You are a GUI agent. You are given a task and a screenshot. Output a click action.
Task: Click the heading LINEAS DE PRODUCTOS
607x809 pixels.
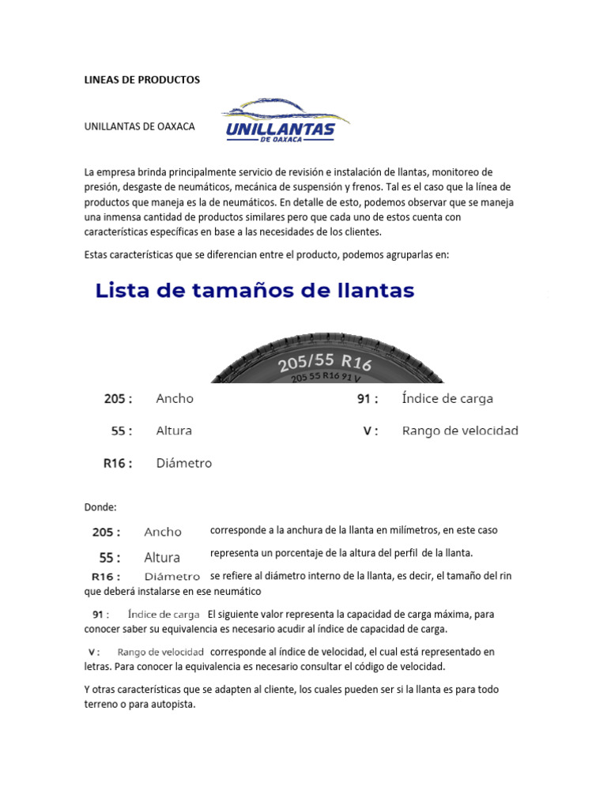click(142, 80)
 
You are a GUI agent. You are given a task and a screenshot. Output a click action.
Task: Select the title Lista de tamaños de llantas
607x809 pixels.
click(254, 291)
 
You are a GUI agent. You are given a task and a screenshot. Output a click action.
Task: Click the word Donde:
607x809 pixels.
click(100, 506)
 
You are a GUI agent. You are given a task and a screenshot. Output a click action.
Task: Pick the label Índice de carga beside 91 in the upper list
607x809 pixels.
click(447, 399)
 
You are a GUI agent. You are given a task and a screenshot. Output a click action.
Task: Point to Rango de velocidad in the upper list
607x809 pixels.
click(460, 431)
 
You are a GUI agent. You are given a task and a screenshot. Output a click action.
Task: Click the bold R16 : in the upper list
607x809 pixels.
click(118, 463)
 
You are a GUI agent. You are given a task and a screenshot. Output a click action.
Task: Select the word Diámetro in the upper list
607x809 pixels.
click(184, 463)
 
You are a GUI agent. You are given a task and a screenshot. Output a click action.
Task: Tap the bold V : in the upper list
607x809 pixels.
click(370, 431)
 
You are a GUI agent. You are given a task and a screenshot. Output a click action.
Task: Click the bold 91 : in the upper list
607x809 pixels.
click(368, 399)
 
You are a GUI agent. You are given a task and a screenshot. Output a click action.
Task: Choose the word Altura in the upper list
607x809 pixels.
click(174, 431)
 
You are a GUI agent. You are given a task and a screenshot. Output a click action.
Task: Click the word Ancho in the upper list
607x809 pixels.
click(175, 399)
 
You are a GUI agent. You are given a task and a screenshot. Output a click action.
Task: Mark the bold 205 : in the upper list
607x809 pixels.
click(119, 399)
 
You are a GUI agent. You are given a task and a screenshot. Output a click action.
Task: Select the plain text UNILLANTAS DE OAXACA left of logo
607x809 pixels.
click(140, 126)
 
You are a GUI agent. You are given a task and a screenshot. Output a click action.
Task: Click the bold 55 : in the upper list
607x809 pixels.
click(122, 431)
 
